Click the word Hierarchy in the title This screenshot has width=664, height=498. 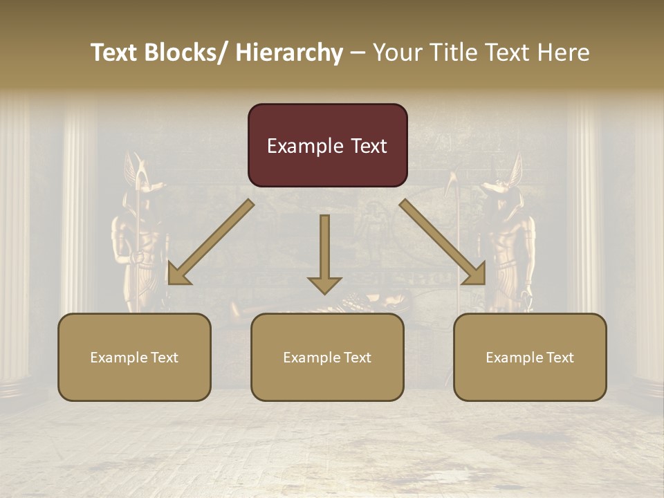pos(289,53)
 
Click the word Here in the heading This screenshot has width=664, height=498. pos(564,53)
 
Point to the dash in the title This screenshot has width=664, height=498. pos(357,53)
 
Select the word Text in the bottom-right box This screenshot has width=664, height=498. pos(558,358)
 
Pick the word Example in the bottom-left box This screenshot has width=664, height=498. pos(118,358)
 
